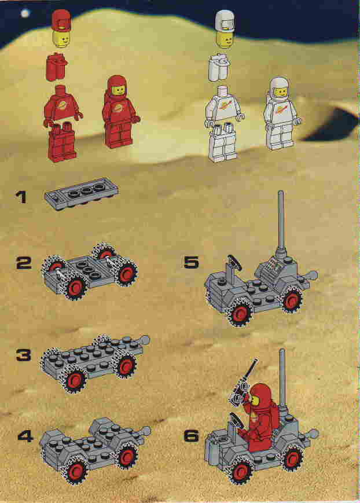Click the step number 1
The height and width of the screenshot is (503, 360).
tap(21, 197)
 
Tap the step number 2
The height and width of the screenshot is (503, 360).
tap(24, 263)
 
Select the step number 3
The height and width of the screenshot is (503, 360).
tap(24, 355)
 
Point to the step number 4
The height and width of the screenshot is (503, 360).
tap(25, 436)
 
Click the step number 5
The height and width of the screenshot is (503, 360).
tap(191, 262)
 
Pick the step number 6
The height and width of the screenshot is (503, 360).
tap(191, 436)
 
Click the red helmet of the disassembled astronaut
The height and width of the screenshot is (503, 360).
tap(61, 20)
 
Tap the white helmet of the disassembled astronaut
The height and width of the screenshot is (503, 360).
tap(225, 20)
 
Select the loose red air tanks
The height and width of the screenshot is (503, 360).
tap(57, 67)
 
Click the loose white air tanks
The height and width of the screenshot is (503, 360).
tap(219, 67)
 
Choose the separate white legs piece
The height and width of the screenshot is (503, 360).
tap(223, 143)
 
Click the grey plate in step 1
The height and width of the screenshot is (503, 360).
tap(82, 193)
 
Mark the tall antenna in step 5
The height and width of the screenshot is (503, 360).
tap(281, 223)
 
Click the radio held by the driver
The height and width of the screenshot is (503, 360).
tap(241, 385)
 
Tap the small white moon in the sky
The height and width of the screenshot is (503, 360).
tap(25, 13)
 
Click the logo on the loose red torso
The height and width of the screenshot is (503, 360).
tap(62, 105)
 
